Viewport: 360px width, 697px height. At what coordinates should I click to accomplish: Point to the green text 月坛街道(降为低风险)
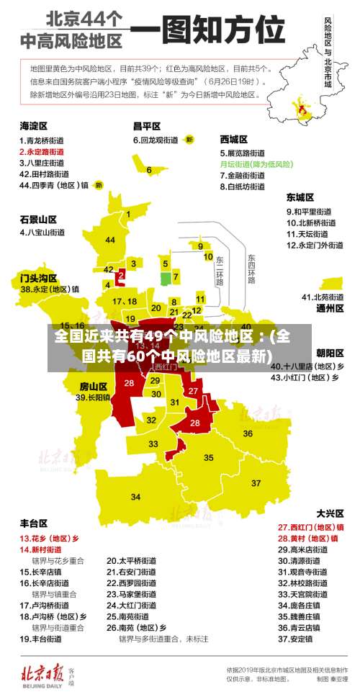point(256,164)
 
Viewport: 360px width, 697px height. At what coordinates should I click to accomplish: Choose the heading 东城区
point(300,197)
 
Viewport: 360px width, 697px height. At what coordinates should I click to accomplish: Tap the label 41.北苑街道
point(323,297)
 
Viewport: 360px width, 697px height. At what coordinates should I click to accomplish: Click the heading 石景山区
point(38,219)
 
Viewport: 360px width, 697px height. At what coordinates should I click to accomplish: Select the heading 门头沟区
point(38,277)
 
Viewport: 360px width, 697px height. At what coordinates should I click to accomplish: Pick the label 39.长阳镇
point(94,397)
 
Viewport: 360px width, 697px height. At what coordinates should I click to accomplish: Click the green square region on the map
point(166,278)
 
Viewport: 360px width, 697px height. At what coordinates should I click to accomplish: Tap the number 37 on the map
point(256,482)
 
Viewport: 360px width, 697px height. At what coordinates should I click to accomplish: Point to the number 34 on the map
point(135,497)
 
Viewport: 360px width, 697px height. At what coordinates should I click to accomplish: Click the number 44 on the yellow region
point(110,240)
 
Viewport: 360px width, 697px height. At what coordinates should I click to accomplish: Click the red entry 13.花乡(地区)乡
point(50,538)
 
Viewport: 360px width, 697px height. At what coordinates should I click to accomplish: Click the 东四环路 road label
point(251,269)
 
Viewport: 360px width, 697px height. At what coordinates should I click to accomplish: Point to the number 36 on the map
point(248,433)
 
